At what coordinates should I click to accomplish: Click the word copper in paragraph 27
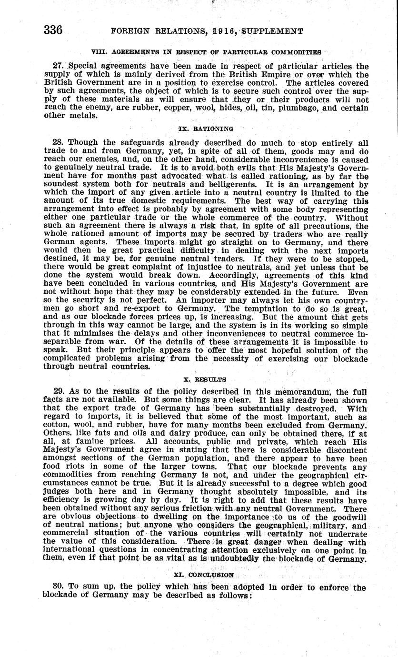click(x=159, y=107)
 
